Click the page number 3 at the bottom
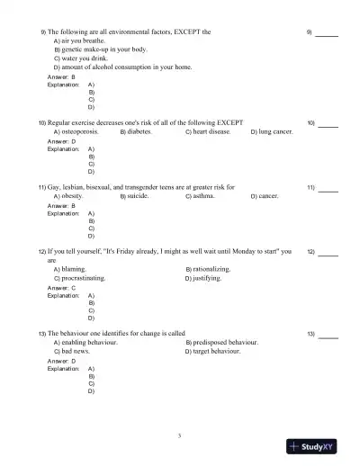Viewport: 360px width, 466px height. pos(180,435)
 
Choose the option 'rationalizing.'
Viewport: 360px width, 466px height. pos(211,269)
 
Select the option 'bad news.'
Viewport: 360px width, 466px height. pos(77,352)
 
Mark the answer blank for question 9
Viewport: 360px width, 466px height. pos(328,32)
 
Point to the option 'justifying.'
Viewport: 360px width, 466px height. pos(207,279)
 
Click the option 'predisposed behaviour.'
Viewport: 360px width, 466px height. pos(221,343)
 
